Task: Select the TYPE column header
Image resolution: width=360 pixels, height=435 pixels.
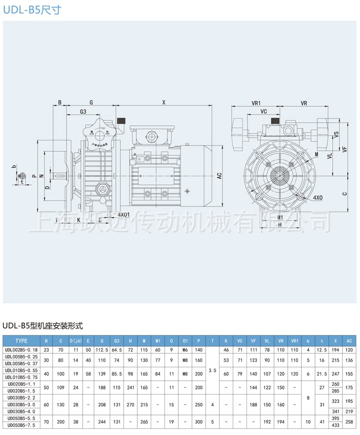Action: click(x=21, y=341)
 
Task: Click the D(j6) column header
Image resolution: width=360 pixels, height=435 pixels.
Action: click(x=75, y=341)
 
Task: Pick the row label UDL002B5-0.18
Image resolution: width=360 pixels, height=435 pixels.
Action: click(x=21, y=350)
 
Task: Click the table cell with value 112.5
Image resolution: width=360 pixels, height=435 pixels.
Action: click(x=102, y=350)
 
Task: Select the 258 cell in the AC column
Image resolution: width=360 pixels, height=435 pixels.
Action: click(x=349, y=422)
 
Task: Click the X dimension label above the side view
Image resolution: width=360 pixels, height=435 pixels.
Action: click(x=164, y=102)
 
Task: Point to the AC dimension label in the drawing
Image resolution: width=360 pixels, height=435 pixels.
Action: click(x=219, y=176)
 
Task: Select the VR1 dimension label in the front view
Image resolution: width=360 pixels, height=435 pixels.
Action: click(x=256, y=103)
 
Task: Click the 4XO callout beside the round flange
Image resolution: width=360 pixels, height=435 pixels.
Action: click(x=318, y=197)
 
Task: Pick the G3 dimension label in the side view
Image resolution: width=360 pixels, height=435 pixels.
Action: click(x=83, y=111)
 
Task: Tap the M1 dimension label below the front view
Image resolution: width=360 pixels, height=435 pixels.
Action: click(x=280, y=217)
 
